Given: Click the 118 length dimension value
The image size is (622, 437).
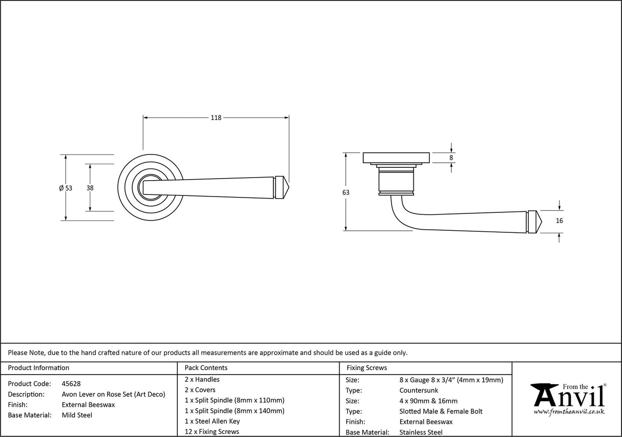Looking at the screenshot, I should pos(216,118).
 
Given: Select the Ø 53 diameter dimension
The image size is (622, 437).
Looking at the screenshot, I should pos(66,188).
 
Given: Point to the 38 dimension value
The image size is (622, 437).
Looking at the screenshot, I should pos(90,188).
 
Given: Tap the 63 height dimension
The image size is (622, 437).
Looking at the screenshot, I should pos(346,192).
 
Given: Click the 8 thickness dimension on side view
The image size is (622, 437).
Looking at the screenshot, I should pos(451,158).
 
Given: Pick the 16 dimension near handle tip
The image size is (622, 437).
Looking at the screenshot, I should pos(559,221).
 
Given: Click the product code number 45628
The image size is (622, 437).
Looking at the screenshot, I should pos(71,383).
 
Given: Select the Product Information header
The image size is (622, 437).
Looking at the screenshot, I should pos(38,367).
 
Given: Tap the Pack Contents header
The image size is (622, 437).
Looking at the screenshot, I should pos(205,367).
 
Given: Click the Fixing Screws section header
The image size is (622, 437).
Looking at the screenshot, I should pos(367,367).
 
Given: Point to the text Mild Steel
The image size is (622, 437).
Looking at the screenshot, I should pos(77,415).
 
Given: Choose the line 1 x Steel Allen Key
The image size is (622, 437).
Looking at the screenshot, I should pos(212,421).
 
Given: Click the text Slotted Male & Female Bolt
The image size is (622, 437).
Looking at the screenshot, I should pos(441,411).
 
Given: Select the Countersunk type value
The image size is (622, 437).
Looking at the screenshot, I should pos(419,390).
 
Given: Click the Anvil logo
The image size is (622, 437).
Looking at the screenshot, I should pos(568,397).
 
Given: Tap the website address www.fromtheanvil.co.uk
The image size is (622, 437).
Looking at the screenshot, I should pos(569,412).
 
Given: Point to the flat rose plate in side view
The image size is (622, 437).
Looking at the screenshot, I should pos(396,158).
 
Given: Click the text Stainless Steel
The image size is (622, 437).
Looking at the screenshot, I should pos(421,432).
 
